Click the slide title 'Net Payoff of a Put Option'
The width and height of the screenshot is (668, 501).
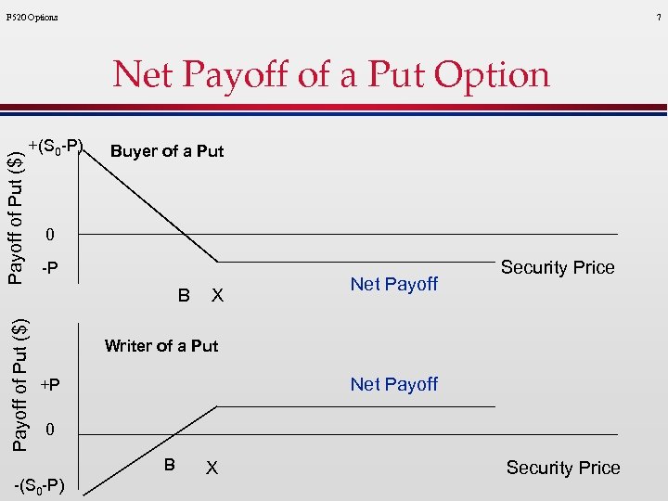331,74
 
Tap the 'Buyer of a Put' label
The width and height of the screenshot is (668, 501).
166,151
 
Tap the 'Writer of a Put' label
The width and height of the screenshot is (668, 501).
161,346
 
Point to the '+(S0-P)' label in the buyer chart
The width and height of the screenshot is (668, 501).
56,146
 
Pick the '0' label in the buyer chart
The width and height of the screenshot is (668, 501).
51,233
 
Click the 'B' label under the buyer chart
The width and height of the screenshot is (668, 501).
184,296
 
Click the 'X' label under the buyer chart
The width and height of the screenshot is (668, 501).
217,296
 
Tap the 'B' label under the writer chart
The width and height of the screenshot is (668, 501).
170,464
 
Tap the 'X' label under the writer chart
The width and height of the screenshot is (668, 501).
212,469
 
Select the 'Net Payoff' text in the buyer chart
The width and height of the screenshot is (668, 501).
393,284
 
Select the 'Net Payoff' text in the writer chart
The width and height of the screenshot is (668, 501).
393,384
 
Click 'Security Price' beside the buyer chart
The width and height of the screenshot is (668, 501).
558,267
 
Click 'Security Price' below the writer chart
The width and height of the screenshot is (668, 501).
563,468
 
